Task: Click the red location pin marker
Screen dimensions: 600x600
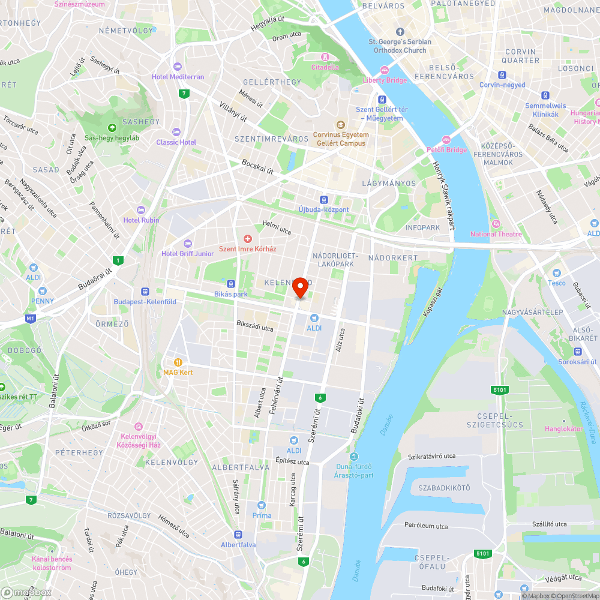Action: (301, 287)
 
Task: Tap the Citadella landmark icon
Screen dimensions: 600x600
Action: (325, 57)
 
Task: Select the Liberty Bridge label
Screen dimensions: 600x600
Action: (385, 80)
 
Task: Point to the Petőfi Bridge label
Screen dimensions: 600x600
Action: (446, 149)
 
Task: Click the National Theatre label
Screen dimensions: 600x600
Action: (496, 234)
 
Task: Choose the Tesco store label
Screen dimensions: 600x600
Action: (556, 283)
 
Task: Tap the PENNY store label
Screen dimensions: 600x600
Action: (43, 301)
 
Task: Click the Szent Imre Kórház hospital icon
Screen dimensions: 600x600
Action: (247, 239)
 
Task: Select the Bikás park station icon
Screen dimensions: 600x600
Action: (231, 283)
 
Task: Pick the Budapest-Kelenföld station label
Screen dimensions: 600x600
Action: (145, 302)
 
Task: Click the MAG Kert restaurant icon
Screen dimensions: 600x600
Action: (178, 362)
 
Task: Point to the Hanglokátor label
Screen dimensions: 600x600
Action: (563, 429)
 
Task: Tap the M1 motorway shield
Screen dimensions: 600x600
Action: (31, 317)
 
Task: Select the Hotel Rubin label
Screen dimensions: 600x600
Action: (142, 220)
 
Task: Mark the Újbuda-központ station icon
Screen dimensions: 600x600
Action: (323, 199)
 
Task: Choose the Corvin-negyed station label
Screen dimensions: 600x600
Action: (502, 85)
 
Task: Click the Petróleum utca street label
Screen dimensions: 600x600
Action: (425, 526)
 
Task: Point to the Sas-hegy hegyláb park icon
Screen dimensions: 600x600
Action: (112, 127)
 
